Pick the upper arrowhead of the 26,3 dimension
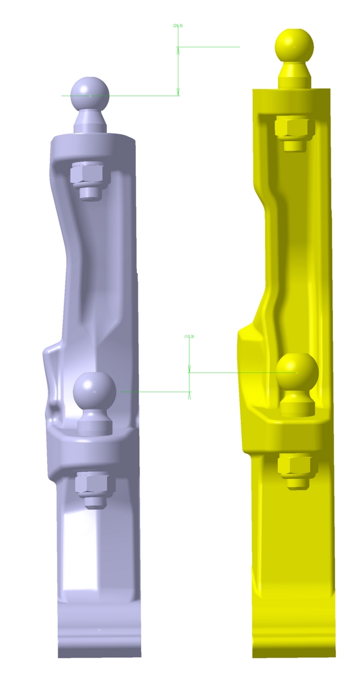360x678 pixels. pyautogui.click(x=178, y=50)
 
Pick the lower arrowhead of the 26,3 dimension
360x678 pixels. pyautogui.click(x=178, y=92)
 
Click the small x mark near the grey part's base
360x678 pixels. pyautogui.click(x=99, y=629)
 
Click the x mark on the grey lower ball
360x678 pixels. pyautogui.click(x=94, y=391)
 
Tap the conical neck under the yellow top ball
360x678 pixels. pyautogui.click(x=294, y=71)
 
